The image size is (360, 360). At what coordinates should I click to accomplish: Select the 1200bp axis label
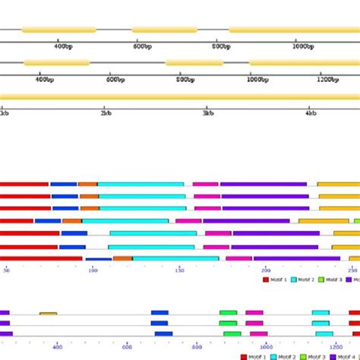pos(328,79)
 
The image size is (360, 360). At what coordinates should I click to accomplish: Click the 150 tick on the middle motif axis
pos(179,270)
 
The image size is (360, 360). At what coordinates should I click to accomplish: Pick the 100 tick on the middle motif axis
pos(93,270)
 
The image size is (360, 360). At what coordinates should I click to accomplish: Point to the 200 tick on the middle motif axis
pos(265,270)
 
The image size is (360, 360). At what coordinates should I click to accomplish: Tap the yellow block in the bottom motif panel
pos(48,313)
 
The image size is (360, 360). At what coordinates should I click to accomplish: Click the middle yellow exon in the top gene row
pos(164,30)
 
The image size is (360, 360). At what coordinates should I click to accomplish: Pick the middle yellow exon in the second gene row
pos(194,63)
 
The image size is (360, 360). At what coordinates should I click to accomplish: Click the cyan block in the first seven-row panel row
pos(141,184)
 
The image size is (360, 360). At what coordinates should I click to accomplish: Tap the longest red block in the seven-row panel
pos(41,258)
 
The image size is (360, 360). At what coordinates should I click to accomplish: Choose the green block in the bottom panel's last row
pos(232,333)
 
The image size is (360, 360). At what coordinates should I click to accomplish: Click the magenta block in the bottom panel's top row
pos(254,312)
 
